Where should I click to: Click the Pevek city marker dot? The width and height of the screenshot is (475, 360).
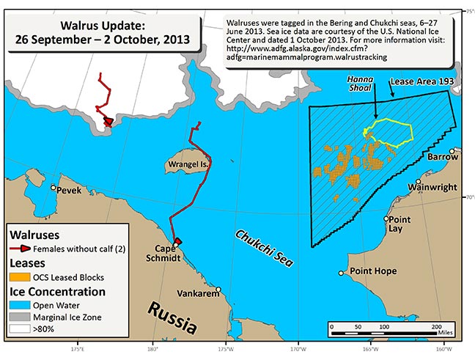54,188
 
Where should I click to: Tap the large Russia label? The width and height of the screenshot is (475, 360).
172,314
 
